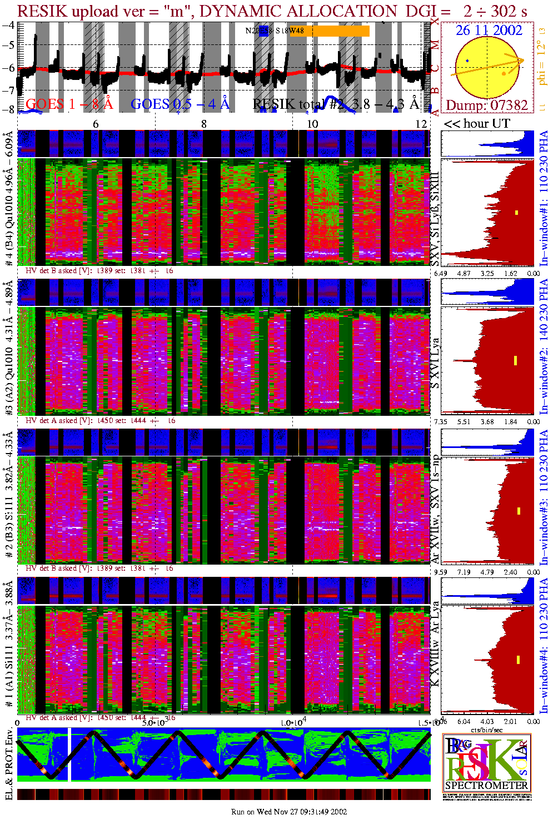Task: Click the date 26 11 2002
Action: pyautogui.click(x=489, y=31)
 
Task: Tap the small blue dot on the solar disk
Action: pyautogui.click(x=467, y=61)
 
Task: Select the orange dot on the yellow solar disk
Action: pyautogui.click(x=504, y=73)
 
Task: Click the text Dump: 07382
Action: pyautogui.click(x=486, y=105)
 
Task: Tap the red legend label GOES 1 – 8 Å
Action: pyautogui.click(x=69, y=104)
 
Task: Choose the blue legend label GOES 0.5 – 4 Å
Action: pyautogui.click(x=180, y=104)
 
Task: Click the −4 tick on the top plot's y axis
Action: pyautogui.click(x=8, y=25)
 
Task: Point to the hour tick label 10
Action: pyautogui.click(x=312, y=124)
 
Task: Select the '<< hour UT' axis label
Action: pyautogui.click(x=477, y=124)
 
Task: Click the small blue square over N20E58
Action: pyautogui.click(x=264, y=31)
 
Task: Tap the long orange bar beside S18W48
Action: pyautogui.click(x=337, y=31)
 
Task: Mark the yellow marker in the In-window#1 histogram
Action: pyautogui.click(x=516, y=212)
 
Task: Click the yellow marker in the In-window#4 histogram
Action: pyautogui.click(x=518, y=660)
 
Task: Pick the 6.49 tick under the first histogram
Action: pyautogui.click(x=441, y=273)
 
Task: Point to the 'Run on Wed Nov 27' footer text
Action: pyautogui.click(x=289, y=812)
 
